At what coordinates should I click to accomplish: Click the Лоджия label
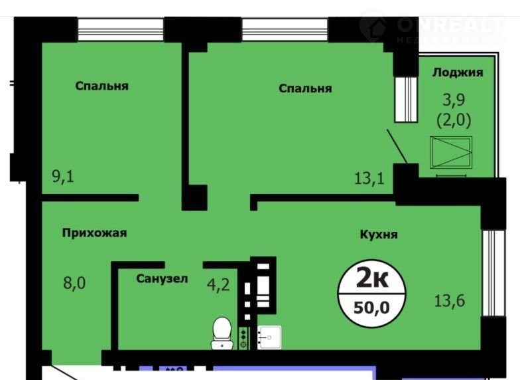pos(458,73)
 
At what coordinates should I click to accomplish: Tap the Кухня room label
pos(379,235)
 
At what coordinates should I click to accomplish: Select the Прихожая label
pos(94,233)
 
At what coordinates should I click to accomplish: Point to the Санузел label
pos(162,279)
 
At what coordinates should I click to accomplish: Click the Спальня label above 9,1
pos(102,86)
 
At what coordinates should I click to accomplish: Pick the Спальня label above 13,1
pos(305,88)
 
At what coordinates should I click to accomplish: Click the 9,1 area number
pos(63,176)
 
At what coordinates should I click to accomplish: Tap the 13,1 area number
pos(369,178)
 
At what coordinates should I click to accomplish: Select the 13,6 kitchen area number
pos(450,300)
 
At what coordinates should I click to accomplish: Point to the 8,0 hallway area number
pos(74,283)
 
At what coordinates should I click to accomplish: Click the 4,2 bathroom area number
pos(218,284)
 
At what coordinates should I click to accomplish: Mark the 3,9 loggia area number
pos(454,100)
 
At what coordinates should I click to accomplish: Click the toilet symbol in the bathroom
pos(222,333)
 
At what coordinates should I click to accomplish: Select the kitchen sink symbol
pos(269,337)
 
